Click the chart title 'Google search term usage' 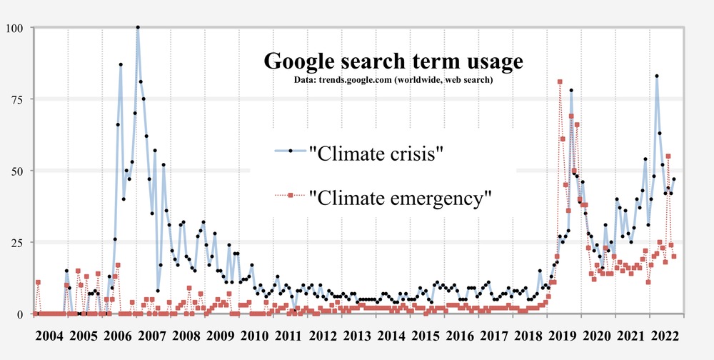pyautogui.click(x=393, y=61)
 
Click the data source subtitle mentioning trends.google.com pyautogui.click(x=393, y=79)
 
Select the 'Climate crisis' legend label pyautogui.click(x=376, y=152)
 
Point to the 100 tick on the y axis pyautogui.click(x=14, y=28)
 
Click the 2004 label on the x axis pyautogui.click(x=49, y=336)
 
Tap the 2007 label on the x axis pyautogui.click(x=152, y=336)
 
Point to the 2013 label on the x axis pyautogui.click(x=358, y=336)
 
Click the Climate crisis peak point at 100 pyautogui.click(x=138, y=28)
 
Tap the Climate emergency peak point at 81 pyautogui.click(x=560, y=81)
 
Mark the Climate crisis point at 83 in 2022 pyautogui.click(x=657, y=76)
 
